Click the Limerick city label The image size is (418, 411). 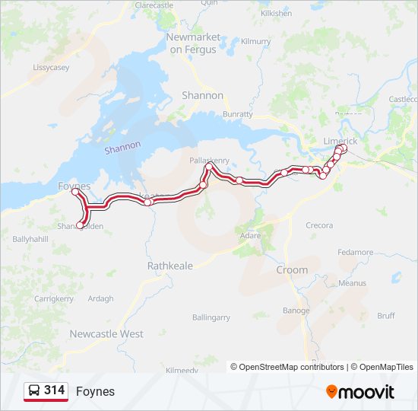[x=340, y=142]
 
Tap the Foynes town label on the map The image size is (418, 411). [x=74, y=186]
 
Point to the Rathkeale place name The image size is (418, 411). [x=170, y=266]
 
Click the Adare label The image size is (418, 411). [x=250, y=236]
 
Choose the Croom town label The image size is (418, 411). [x=292, y=269]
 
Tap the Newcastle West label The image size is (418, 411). [x=106, y=334]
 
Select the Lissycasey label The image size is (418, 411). [x=52, y=68]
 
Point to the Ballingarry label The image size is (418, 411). [x=211, y=317]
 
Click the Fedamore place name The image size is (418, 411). [x=355, y=252]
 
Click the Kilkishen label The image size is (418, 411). [x=276, y=14]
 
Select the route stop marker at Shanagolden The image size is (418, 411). [x=80, y=225]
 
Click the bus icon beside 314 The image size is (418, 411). [x=34, y=391]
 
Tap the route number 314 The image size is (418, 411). [x=55, y=390]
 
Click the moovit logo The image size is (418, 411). [x=360, y=392]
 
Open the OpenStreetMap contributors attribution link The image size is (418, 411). [x=287, y=367]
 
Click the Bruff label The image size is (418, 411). [x=386, y=315]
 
